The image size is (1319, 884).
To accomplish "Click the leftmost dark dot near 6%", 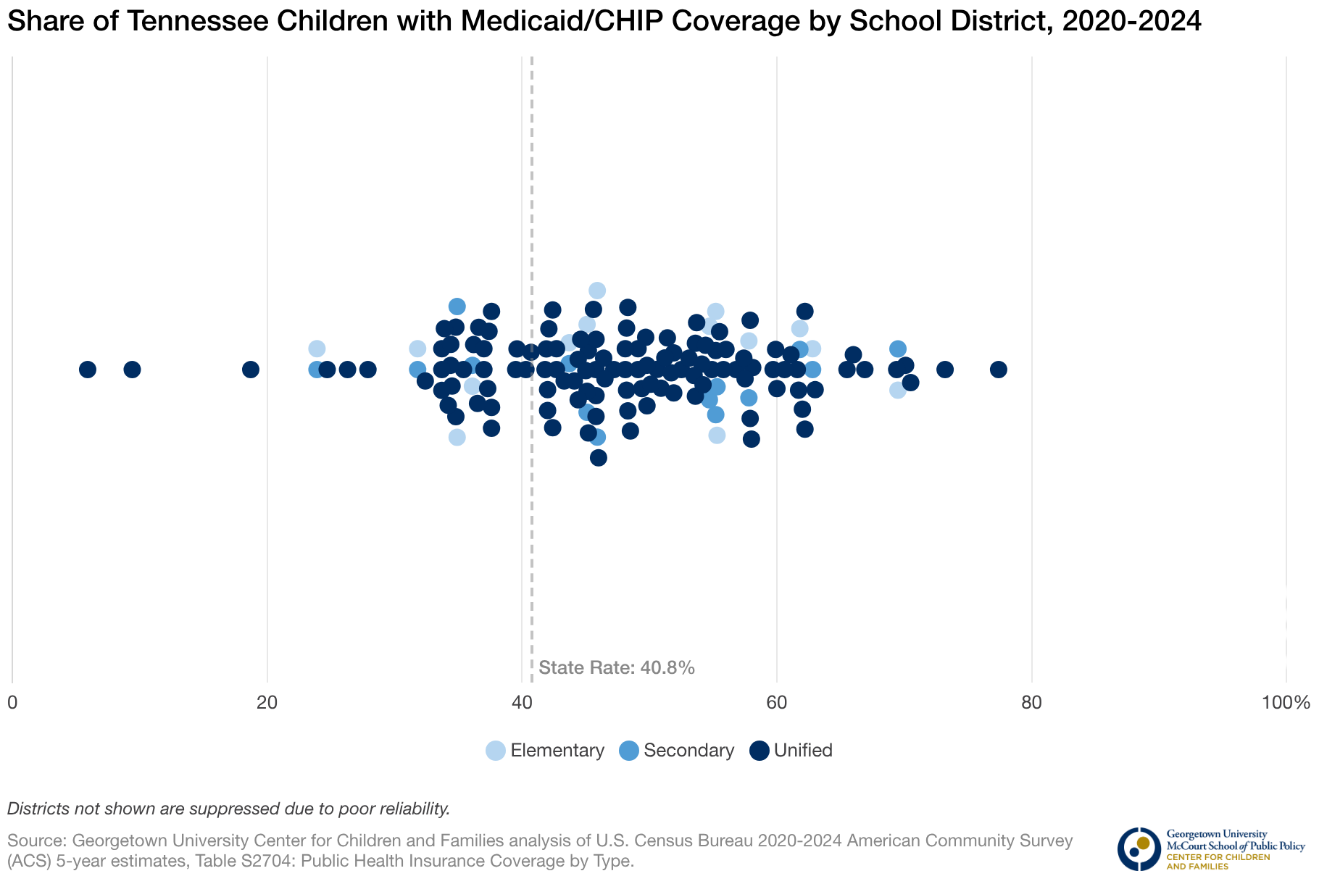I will tap(88, 370).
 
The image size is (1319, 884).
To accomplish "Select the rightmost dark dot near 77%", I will tap(998, 370).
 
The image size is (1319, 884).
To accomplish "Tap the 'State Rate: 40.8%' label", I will tap(617, 667).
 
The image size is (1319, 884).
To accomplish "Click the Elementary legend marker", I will tap(496, 751).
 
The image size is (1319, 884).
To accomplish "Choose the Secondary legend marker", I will tap(629, 751).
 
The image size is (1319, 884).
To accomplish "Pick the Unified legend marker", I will tap(759, 751).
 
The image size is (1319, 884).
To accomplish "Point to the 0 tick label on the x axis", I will tap(12, 702).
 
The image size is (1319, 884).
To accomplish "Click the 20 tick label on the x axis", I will tap(267, 702).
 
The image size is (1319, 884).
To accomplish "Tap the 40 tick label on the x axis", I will tap(522, 702).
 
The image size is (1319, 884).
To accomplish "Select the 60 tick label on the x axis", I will tap(777, 702).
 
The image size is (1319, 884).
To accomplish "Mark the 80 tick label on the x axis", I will tap(1031, 702).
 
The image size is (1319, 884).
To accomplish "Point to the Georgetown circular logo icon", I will tap(1139, 848).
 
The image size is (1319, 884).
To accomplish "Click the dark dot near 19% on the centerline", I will tap(251, 370).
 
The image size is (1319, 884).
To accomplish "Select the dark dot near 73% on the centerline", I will tap(945, 370).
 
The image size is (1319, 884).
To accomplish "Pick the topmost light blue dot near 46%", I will tap(597, 291).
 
